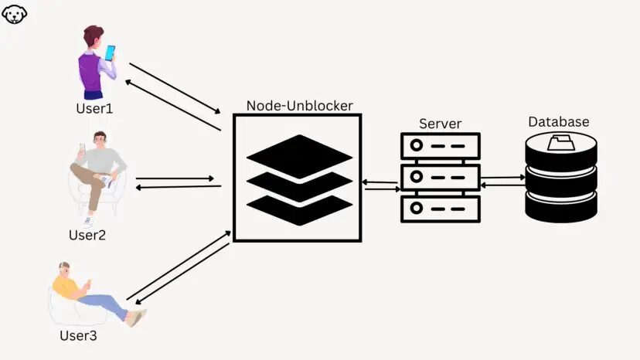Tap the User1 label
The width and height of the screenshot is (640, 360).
[x=94, y=109]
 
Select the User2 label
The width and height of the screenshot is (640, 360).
[x=87, y=235]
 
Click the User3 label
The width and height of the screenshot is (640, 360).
[x=78, y=336]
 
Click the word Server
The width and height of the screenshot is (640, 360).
[x=440, y=124]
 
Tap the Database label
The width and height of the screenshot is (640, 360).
[x=558, y=122]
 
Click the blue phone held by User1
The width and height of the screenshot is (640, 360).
[x=110, y=53]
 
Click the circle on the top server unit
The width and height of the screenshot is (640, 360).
[x=416, y=145]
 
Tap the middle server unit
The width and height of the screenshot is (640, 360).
[x=440, y=177]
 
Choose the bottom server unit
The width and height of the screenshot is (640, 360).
[x=440, y=208]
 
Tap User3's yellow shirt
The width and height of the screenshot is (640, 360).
[x=66, y=287]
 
